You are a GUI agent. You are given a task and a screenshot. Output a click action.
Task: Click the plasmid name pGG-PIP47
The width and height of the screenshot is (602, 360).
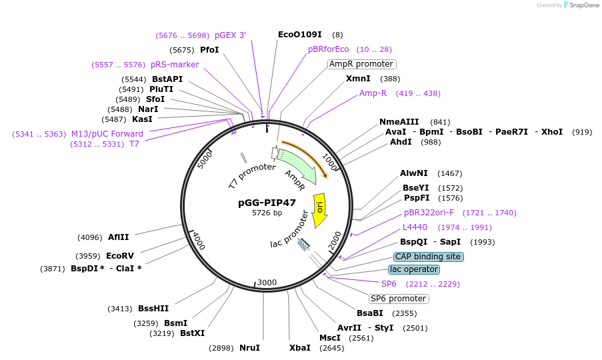click(267, 203)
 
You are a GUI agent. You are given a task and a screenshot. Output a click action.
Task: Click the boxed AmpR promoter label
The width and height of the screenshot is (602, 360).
click(362, 64)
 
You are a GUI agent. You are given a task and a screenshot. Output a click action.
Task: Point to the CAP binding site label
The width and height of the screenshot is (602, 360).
click(428, 257)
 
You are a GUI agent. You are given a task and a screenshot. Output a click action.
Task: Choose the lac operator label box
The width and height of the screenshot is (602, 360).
click(415, 269)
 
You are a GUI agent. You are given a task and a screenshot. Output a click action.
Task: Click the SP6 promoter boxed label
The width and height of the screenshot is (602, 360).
click(399, 299)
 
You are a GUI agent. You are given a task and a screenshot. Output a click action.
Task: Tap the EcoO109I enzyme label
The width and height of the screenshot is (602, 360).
click(300, 35)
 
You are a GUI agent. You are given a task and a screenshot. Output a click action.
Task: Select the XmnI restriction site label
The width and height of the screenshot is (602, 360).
click(358, 79)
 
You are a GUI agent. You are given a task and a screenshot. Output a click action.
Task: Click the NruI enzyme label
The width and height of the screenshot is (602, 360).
click(249, 348)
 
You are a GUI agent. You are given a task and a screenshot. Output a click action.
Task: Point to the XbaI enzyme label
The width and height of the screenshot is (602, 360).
click(299, 348)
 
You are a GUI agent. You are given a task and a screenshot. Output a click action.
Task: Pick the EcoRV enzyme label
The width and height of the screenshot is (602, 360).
click(120, 255)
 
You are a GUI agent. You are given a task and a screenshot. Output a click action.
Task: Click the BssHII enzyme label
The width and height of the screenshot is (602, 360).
click(153, 309)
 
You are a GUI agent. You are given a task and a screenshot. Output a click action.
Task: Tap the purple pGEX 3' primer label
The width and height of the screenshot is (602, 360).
click(230, 35)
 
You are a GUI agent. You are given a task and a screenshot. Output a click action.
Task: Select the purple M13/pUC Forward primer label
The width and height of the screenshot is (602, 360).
click(107, 134)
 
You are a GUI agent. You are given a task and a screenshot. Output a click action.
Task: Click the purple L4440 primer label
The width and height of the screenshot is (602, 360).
click(415, 227)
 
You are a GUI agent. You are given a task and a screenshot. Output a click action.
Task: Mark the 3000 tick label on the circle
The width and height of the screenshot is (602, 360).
click(267, 283)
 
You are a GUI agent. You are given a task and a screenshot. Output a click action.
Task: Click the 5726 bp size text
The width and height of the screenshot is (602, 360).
click(267, 213)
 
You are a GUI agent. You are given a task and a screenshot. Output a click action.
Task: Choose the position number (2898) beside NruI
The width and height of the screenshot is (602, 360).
click(221, 348)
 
